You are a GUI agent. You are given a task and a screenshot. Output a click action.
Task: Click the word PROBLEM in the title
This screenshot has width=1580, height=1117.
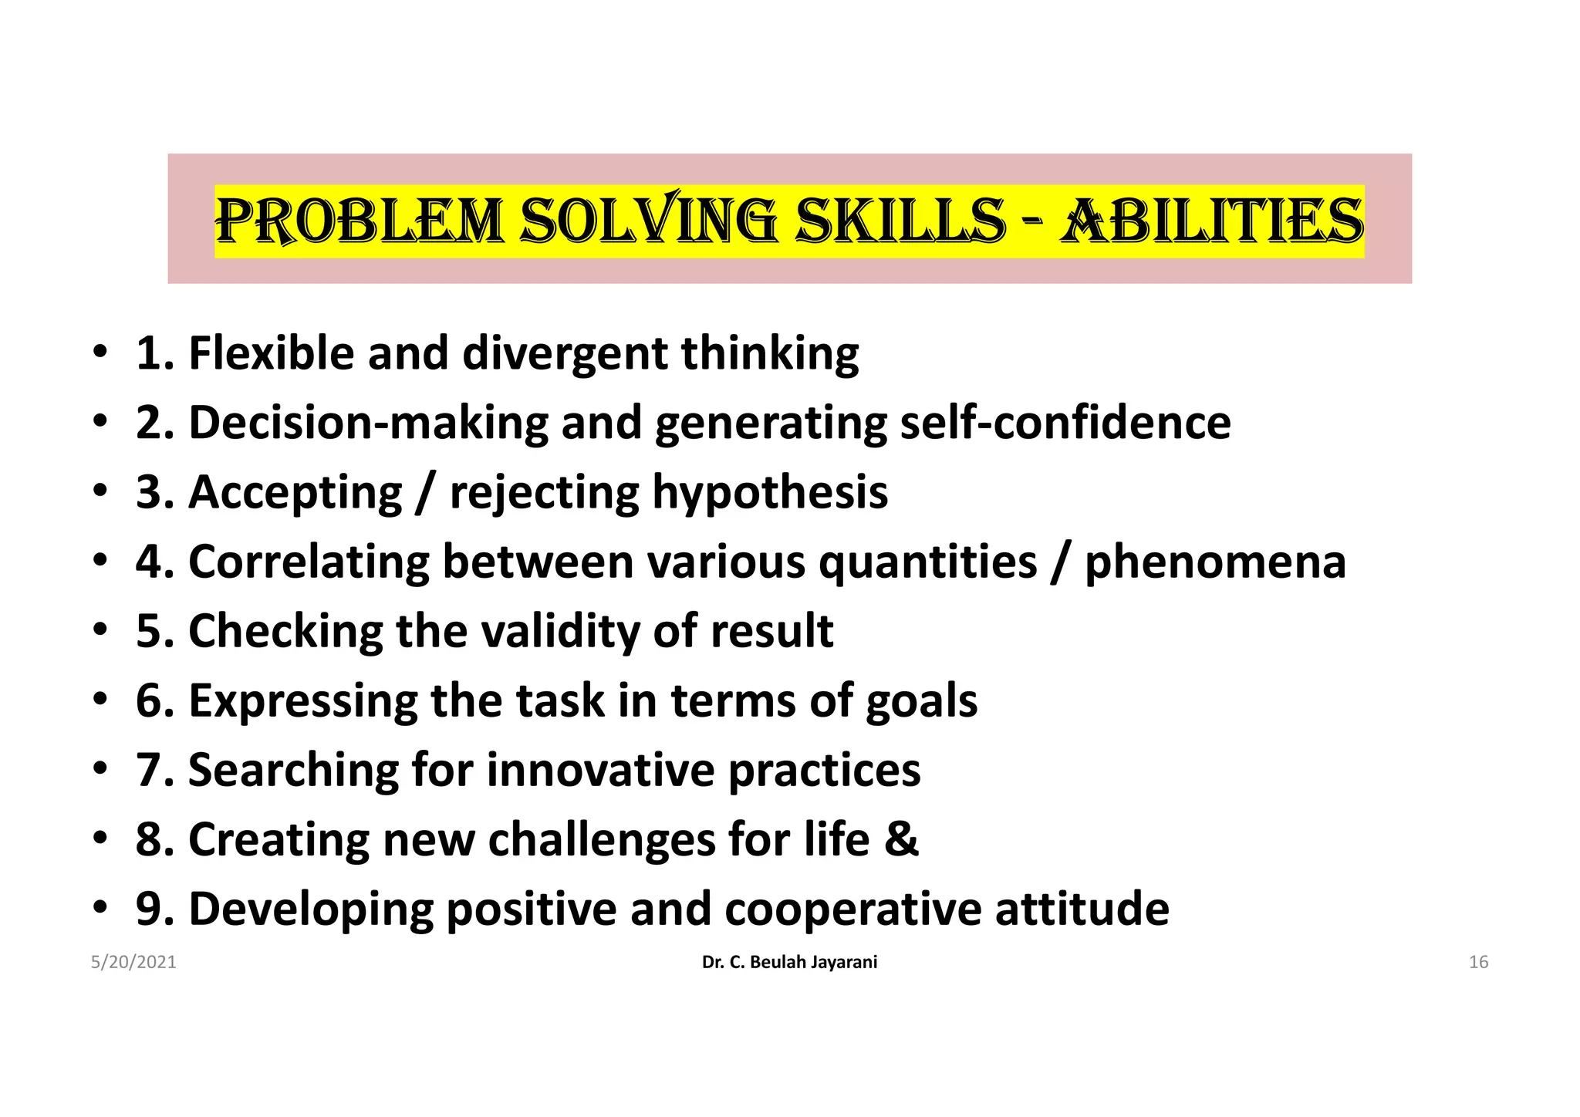coord(359,221)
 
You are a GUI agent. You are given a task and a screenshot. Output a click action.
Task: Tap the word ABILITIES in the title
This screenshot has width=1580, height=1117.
coord(1212,221)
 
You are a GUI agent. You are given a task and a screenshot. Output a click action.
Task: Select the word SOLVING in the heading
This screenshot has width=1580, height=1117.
coord(648,221)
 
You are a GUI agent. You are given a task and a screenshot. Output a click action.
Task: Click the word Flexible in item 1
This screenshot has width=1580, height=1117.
coord(271,353)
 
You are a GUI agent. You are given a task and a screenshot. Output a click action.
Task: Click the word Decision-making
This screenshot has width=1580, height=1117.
coord(368,424)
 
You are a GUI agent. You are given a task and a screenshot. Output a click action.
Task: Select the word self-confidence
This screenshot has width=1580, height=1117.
coord(1065,423)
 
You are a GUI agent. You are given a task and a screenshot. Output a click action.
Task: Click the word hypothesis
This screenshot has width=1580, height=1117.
coord(770,493)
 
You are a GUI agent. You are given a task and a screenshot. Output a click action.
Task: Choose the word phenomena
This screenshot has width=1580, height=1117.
coord(1215,562)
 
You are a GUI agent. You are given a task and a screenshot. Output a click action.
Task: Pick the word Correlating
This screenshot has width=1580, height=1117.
coord(309,562)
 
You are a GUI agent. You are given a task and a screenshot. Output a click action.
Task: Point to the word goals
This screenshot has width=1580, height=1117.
coord(921,701)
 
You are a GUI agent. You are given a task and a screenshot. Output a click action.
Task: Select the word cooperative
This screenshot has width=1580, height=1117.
coord(852,909)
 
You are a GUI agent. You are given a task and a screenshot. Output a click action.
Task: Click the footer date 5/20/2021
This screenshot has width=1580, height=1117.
coord(133,962)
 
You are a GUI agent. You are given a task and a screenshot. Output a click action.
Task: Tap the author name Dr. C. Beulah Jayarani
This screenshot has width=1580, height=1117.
coord(789,962)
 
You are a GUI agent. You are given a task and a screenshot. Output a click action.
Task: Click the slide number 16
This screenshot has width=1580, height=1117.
coord(1478,962)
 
